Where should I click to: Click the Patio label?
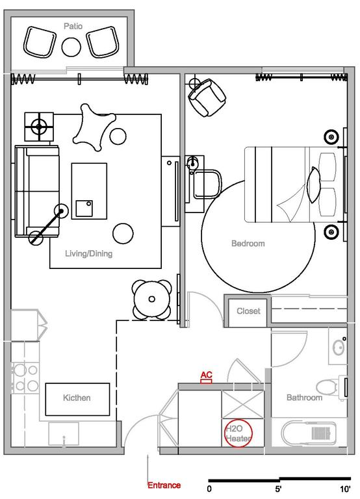coord(73,26)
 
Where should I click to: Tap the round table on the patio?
coord(70,45)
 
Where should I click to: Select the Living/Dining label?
coord(88,254)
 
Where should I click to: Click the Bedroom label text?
coord(248,244)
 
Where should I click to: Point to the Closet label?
coord(248,311)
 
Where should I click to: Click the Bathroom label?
coord(305,398)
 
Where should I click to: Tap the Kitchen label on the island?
coord(77,398)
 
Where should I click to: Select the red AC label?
coord(206,376)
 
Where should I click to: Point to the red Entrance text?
coord(164,485)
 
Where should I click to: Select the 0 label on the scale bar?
coord(209,488)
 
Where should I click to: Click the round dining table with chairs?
coord(152,299)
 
